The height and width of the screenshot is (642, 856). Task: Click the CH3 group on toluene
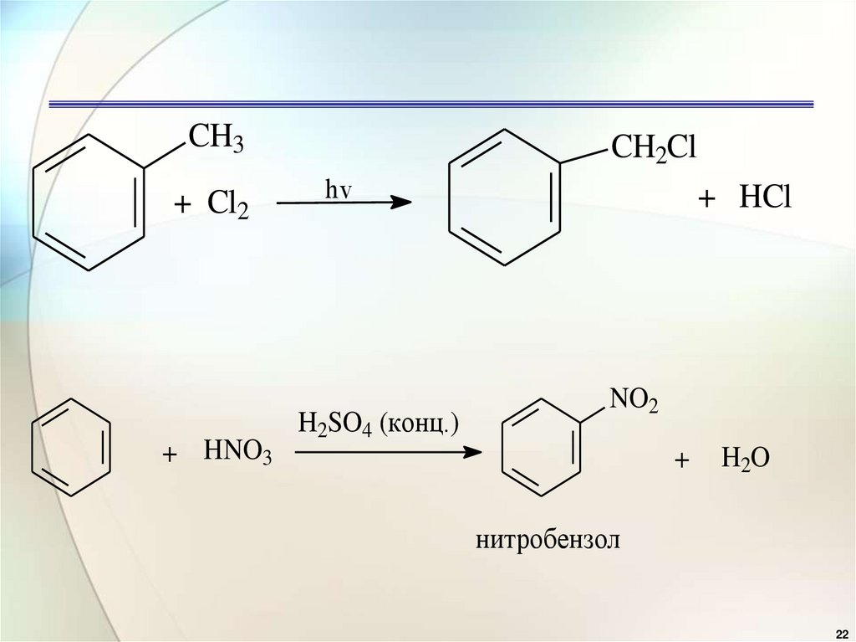(x=215, y=136)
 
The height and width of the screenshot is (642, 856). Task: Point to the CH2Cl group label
(x=654, y=148)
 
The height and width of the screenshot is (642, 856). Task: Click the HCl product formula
(x=764, y=198)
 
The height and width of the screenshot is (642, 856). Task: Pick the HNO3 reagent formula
(x=237, y=455)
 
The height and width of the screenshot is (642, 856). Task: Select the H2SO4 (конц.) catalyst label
(x=379, y=423)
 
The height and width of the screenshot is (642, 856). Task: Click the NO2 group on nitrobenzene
(x=634, y=403)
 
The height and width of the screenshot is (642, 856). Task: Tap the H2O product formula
(x=746, y=459)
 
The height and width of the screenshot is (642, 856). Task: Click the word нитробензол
(x=549, y=540)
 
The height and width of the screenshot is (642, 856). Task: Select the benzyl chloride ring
(x=504, y=197)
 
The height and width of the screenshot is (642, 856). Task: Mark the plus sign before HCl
(x=707, y=199)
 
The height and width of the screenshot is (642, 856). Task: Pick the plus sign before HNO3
(x=171, y=455)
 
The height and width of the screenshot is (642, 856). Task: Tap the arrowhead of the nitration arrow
(x=474, y=453)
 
